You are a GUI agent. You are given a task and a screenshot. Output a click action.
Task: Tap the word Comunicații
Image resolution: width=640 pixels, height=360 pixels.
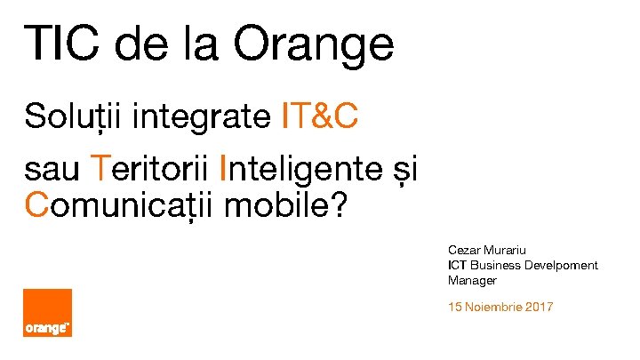(x=120, y=206)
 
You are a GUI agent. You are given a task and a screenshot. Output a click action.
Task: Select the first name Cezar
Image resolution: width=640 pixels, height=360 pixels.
(x=464, y=251)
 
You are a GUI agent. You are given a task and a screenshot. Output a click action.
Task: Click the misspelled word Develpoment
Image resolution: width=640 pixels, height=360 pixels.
(x=561, y=265)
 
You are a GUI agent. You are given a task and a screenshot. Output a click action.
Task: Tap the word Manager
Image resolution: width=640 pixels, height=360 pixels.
(x=472, y=280)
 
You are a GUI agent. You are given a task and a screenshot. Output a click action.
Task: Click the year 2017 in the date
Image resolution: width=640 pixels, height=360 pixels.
(x=537, y=307)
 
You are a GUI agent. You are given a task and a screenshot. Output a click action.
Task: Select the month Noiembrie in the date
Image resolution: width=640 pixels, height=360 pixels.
(x=492, y=307)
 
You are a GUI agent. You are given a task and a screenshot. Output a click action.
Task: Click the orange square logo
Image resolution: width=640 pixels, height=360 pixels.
(x=48, y=313)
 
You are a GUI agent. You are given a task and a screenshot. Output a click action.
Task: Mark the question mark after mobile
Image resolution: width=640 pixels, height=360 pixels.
(x=340, y=206)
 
